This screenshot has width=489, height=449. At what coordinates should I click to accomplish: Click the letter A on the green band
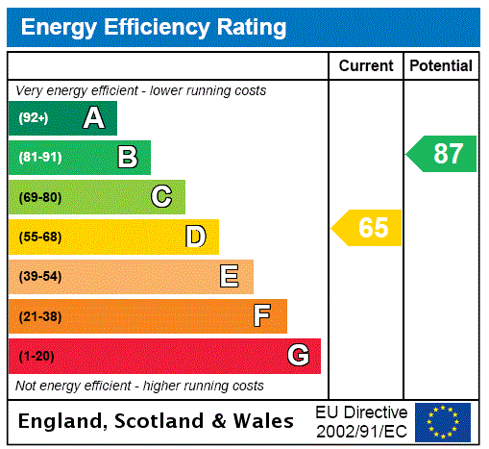coord(93,118)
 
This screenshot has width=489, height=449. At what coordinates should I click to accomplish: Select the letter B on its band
coord(127,158)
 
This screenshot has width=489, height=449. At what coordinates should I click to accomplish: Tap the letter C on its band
coord(161,197)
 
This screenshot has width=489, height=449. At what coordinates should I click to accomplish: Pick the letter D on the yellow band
coord(195,237)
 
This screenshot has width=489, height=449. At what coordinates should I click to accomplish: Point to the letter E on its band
coord(230,277)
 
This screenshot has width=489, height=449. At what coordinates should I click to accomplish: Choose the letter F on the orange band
coord(262,316)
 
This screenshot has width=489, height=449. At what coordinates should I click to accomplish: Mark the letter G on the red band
coord(298,356)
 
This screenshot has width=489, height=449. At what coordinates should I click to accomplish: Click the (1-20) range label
coord(37,356)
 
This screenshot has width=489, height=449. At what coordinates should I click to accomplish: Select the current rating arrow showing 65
coord(368,228)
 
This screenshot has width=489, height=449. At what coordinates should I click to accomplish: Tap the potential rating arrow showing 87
coord(443,154)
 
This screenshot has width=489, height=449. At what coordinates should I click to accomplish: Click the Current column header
coord(366,66)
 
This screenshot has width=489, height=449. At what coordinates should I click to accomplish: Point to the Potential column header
coord(441,66)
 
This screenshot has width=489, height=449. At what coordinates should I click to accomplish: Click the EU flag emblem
coord(443,422)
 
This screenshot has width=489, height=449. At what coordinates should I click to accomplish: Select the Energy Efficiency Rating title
coord(154,28)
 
